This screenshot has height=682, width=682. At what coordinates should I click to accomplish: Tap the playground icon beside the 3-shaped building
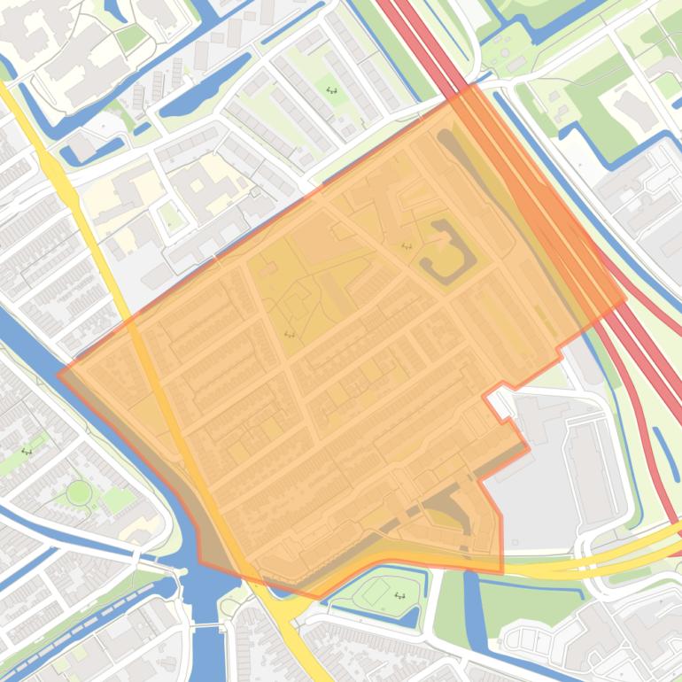click(x=407, y=246)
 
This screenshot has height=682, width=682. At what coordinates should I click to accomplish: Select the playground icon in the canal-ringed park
click(x=399, y=595)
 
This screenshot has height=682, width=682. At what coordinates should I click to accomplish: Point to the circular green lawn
click(x=79, y=492)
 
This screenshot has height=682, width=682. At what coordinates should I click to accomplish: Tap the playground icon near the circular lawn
click(x=27, y=452)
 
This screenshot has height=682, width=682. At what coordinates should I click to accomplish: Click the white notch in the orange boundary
click(x=500, y=403)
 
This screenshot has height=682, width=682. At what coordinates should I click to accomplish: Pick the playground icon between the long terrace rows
click(x=332, y=90)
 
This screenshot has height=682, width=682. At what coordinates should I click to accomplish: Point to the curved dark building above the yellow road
click(x=452, y=514)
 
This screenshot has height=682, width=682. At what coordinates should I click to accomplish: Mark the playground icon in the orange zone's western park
click(x=290, y=334)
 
